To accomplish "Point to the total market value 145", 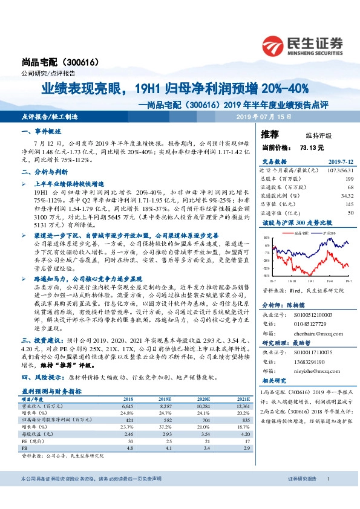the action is pos(350,204).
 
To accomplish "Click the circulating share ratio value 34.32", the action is pos(347,196).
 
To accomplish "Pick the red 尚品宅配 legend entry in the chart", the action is pos(299,232).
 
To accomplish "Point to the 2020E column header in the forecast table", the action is pos(203,400).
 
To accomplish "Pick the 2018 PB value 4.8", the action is pos(128,448).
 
